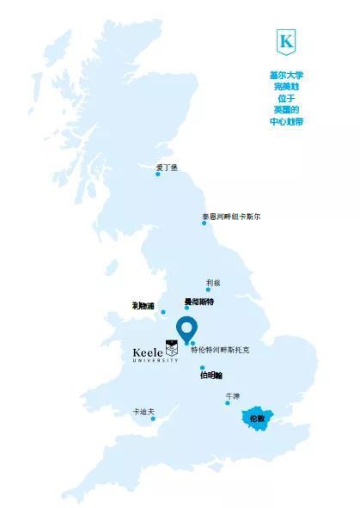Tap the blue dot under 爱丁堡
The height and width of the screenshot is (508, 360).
(x=158, y=174)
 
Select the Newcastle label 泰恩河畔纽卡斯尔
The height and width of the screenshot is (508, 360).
(x=231, y=216)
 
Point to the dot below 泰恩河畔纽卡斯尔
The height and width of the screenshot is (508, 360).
(x=204, y=223)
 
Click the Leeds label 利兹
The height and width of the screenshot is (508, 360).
(x=213, y=282)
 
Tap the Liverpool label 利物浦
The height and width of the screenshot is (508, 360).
(x=143, y=306)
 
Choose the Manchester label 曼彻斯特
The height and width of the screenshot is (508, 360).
(x=199, y=302)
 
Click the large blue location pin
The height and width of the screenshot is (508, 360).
(x=186, y=328)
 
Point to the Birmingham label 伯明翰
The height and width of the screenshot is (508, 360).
(x=211, y=376)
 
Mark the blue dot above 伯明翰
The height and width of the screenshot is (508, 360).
(x=203, y=367)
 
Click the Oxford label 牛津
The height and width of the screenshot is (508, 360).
(x=232, y=395)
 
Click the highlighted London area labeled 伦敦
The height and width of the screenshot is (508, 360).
(x=257, y=419)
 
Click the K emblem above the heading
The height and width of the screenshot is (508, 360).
(x=286, y=41)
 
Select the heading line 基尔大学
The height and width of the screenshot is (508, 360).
(x=286, y=75)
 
